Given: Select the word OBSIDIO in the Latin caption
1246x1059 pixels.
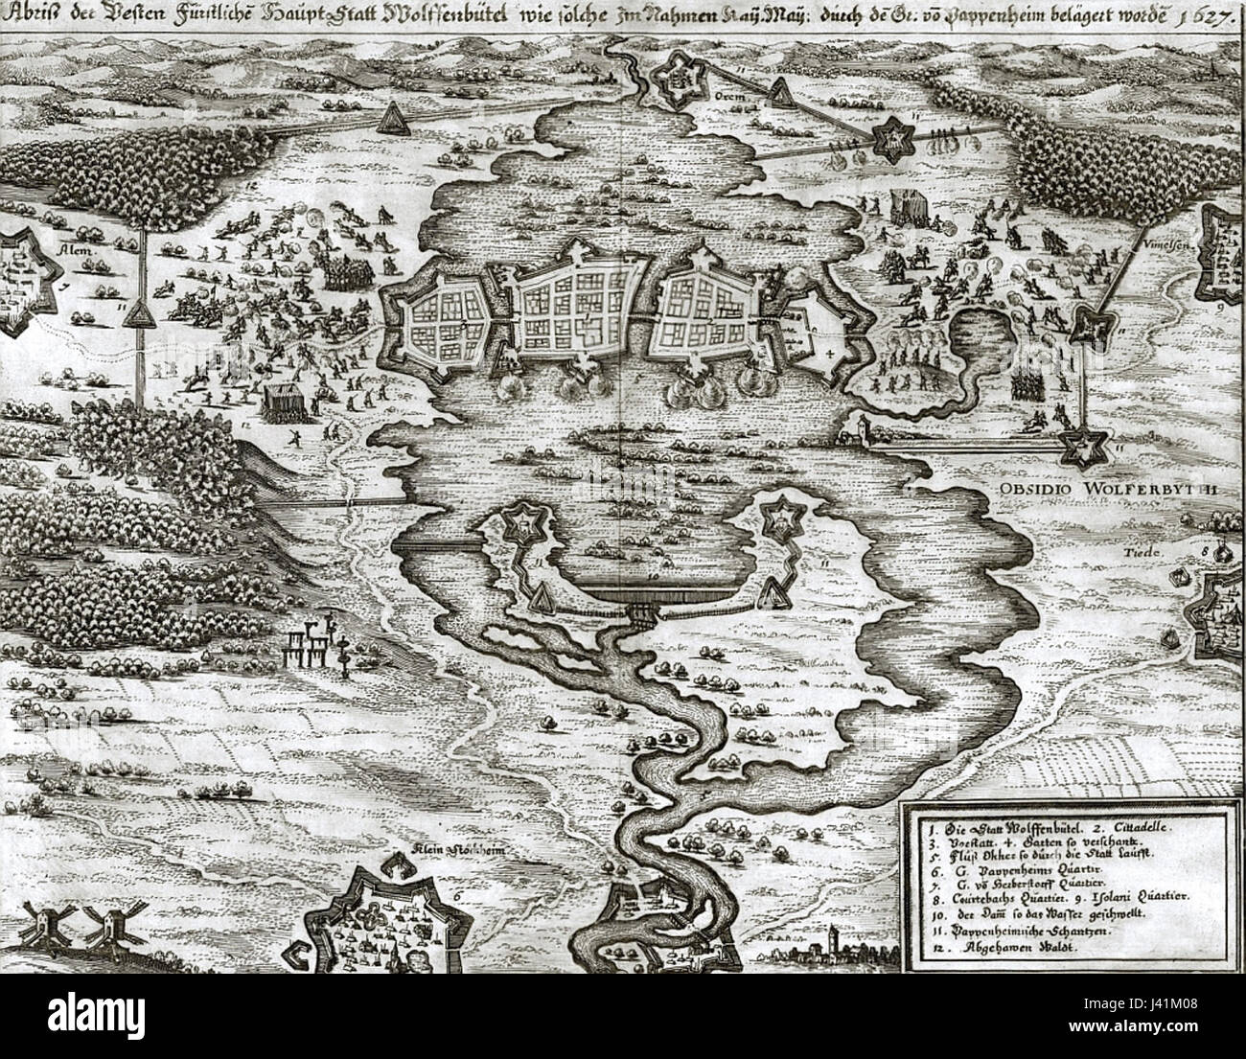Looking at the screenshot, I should [x=1035, y=488].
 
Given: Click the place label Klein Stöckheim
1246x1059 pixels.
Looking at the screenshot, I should [x=449, y=850].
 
